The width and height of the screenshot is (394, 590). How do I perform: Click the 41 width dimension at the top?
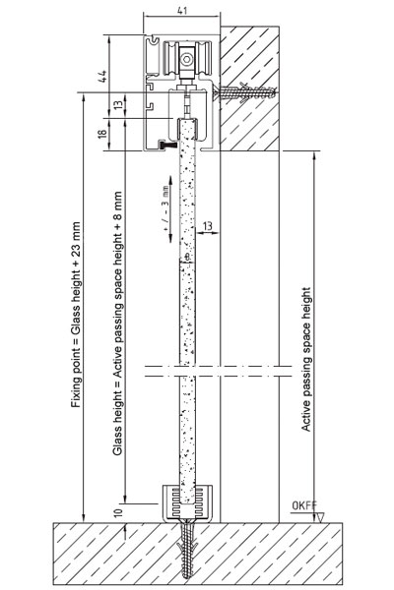(x=181, y=11)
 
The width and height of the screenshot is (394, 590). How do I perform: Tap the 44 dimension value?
(x=102, y=76)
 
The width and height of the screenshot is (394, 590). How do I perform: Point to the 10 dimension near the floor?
(x=118, y=511)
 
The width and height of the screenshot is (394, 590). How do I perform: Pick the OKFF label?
(x=304, y=505)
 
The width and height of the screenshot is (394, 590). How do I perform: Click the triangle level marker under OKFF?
(x=321, y=518)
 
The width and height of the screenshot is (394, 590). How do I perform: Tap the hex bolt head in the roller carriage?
(x=186, y=59)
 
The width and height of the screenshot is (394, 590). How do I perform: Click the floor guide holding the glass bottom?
(x=187, y=502)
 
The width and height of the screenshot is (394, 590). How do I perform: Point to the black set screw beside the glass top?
(x=167, y=145)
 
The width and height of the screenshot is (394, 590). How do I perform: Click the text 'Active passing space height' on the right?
(x=306, y=359)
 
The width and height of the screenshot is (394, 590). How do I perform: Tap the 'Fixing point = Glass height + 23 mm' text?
(x=76, y=315)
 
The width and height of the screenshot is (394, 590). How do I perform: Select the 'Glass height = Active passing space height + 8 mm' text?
(x=118, y=324)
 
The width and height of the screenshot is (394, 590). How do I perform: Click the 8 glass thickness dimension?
(x=187, y=257)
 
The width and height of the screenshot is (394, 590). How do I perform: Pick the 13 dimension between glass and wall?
(x=208, y=226)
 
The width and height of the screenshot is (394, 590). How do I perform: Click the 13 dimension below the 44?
(x=118, y=104)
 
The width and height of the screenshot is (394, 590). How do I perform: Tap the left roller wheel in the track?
(x=170, y=59)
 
